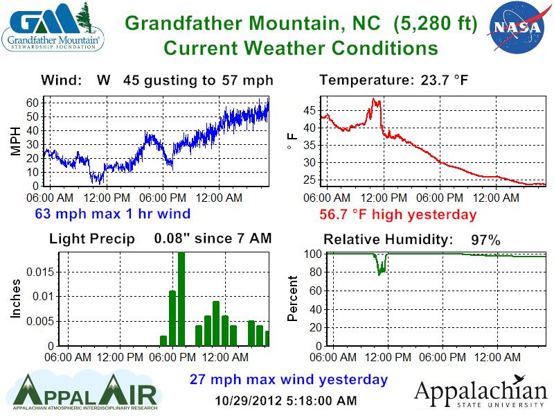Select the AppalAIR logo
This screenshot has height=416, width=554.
[84, 392]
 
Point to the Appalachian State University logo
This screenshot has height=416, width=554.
[481, 392]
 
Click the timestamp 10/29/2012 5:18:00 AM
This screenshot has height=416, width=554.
[286, 401]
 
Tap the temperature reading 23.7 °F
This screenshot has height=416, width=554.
[444, 80]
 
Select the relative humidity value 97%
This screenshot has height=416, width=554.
[485, 240]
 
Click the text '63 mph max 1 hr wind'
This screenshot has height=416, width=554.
[113, 214]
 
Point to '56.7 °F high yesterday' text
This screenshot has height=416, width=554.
[397, 214]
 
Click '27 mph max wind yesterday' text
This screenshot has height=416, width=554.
[289, 379]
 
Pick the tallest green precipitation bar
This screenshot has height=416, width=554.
[181, 299]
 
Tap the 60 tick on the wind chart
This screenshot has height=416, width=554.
[32, 103]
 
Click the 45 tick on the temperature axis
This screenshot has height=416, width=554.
[309, 111]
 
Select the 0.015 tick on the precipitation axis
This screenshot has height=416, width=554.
[40, 272]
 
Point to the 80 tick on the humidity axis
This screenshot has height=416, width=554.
[316, 272]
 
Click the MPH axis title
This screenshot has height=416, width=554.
[15, 141]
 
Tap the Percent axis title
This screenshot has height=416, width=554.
[292, 299]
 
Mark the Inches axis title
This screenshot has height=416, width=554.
[15, 299]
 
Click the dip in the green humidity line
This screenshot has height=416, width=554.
[379, 273]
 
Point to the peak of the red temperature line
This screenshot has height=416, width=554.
[373, 98]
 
